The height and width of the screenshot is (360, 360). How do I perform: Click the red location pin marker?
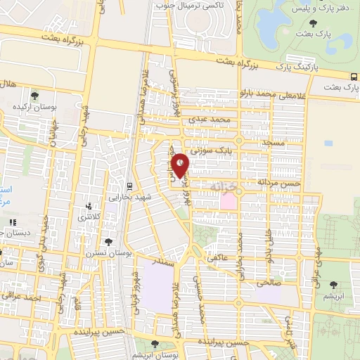181,166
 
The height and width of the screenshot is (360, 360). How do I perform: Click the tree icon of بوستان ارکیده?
36,94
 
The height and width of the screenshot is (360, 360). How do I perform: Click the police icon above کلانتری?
88,207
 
